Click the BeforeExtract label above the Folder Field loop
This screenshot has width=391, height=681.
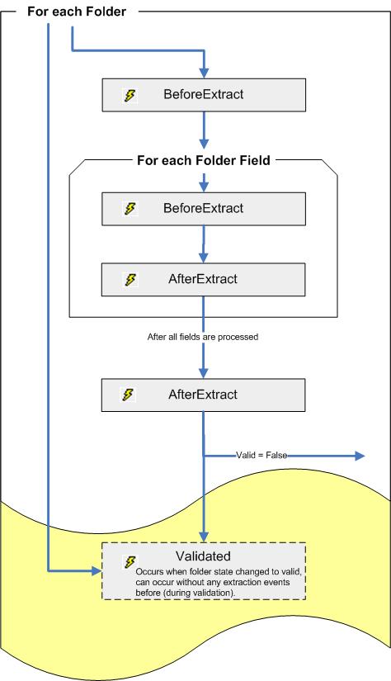click(x=203, y=95)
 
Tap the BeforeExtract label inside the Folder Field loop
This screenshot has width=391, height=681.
click(x=203, y=208)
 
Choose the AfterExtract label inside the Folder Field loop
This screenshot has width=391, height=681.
click(x=203, y=279)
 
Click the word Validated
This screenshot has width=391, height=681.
click(x=203, y=556)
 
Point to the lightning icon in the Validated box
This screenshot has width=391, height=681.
click(x=130, y=562)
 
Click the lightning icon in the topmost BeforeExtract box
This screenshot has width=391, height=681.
click(x=130, y=96)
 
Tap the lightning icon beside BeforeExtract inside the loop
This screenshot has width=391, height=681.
click(x=130, y=209)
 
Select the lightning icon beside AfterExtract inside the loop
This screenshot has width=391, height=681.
click(x=130, y=280)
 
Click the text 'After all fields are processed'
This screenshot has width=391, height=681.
click(x=203, y=338)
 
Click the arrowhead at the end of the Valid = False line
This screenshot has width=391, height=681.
click(x=359, y=455)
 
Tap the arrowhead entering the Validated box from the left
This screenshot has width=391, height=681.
click(x=93, y=570)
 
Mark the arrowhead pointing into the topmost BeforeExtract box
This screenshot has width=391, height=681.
click(x=203, y=73)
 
